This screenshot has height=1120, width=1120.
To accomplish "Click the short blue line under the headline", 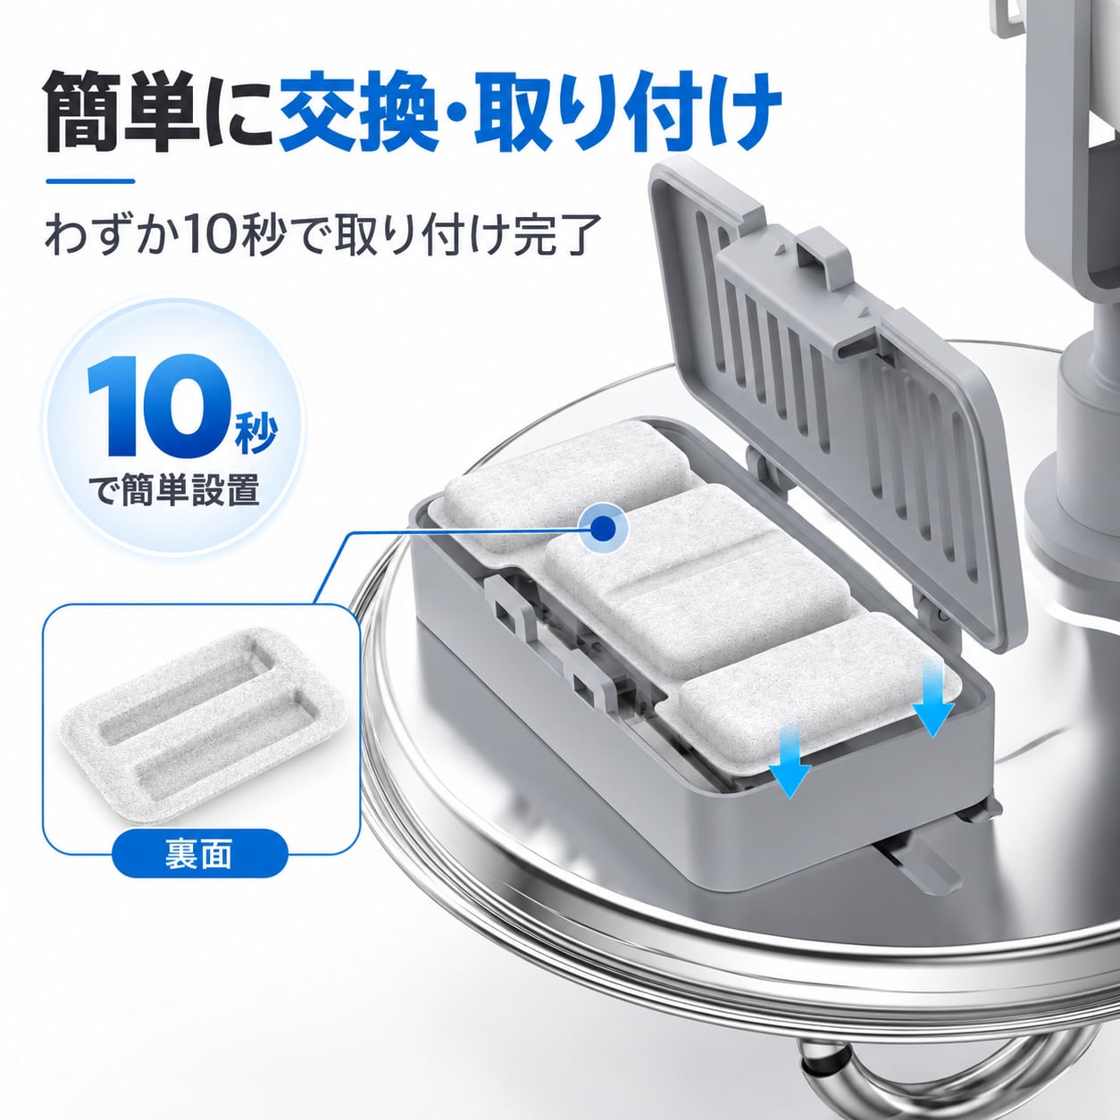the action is [x=91, y=181].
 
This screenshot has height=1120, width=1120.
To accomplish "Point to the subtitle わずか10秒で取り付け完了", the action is [x=323, y=237].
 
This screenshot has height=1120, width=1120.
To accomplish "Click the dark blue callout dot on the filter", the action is [x=604, y=528].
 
